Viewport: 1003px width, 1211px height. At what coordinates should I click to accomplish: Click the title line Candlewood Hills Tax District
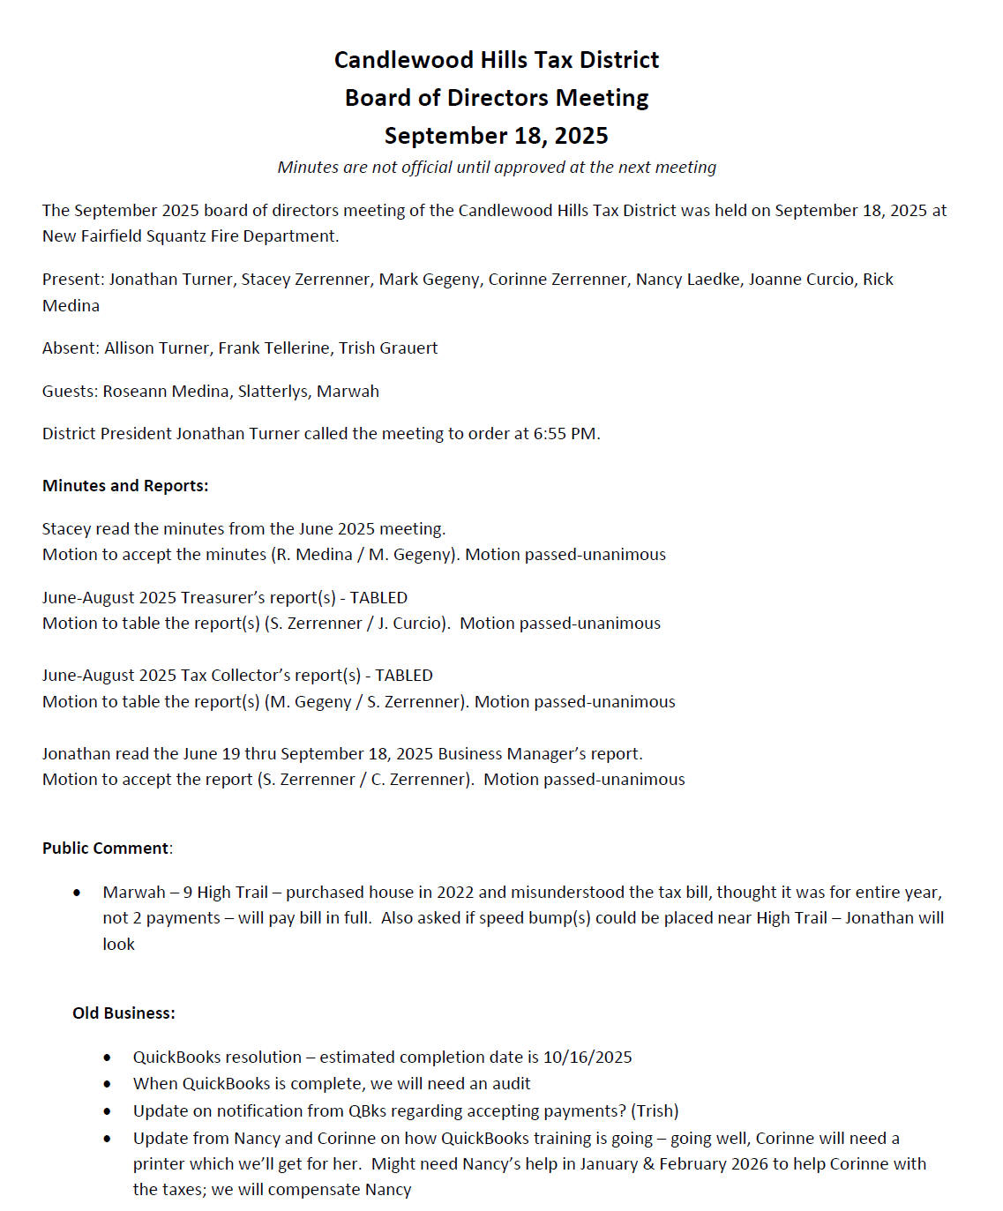(496, 60)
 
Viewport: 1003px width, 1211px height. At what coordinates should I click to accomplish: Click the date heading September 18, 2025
(496, 136)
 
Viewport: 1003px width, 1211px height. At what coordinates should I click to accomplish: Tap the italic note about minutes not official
(497, 168)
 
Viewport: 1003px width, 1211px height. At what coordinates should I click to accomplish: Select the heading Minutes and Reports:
(125, 486)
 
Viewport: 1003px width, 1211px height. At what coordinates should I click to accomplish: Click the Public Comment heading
(106, 848)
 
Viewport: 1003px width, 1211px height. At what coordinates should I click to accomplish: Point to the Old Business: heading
(124, 1013)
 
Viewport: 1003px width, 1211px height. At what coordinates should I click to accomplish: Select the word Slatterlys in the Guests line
(273, 392)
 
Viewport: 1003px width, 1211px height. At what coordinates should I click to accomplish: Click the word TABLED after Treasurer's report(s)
(378, 598)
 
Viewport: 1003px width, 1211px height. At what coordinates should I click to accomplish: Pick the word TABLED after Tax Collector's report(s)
(404, 676)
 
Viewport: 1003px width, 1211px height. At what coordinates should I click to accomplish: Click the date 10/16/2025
(588, 1058)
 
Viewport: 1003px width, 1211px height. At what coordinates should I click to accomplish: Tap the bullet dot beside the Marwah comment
(78, 893)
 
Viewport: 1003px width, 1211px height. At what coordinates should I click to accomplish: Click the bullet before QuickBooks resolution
(108, 1058)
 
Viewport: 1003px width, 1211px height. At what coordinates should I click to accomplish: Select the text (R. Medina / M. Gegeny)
(364, 555)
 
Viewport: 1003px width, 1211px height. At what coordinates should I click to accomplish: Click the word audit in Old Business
(511, 1084)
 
